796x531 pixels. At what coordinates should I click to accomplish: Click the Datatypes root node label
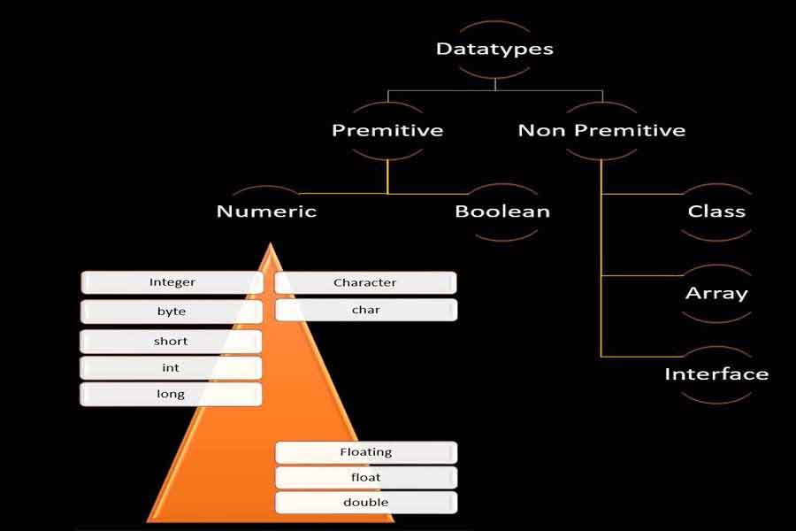(494, 49)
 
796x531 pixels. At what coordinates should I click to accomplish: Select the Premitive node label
(387, 131)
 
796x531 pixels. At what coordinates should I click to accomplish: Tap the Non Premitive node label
(601, 131)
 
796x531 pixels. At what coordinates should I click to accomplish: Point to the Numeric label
(266, 212)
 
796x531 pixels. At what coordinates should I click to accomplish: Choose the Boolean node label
(502, 212)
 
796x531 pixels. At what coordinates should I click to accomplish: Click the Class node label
(716, 212)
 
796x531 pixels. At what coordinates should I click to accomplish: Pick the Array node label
(716, 293)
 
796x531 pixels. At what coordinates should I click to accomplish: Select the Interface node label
(716, 373)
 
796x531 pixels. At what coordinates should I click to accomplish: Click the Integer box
(172, 283)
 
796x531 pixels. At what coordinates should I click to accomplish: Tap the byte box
(172, 312)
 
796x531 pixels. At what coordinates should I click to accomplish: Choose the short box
(172, 342)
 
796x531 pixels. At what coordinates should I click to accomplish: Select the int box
(172, 368)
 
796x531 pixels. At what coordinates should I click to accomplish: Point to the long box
(172, 394)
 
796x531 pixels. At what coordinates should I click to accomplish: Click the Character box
(365, 283)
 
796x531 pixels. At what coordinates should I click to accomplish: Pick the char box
(365, 310)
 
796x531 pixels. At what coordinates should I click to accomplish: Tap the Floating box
(366, 452)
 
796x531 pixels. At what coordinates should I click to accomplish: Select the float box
(366, 478)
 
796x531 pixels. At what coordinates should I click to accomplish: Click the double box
(366, 503)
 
